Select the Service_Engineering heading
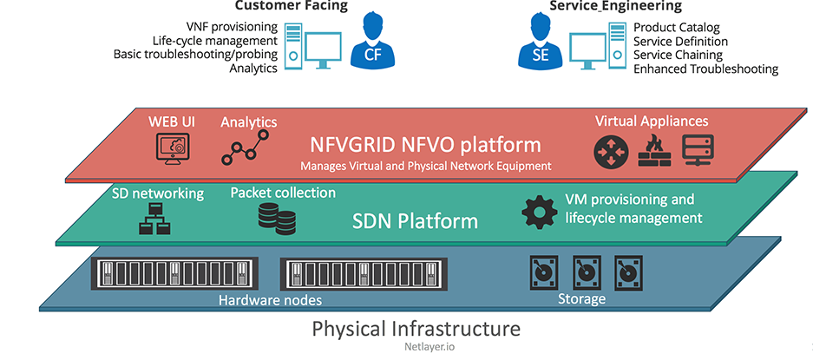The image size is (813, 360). (615, 5)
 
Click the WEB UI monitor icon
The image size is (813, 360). (171, 149)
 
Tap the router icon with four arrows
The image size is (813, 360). (610, 151)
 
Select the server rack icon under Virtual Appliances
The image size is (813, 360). (698, 151)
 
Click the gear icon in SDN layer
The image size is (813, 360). (538, 213)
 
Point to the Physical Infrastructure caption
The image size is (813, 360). (416, 329)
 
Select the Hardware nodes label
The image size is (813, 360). (270, 300)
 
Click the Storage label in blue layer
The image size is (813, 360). (580, 300)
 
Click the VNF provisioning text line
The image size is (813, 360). (232, 27)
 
